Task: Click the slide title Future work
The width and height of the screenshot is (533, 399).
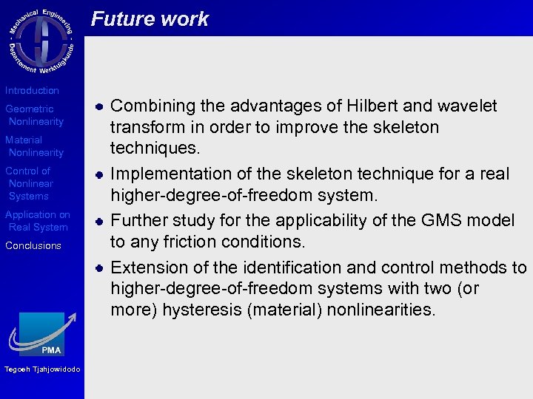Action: click(x=150, y=19)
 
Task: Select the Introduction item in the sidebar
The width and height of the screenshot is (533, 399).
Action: click(x=32, y=90)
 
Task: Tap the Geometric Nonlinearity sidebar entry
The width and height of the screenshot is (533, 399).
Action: click(x=34, y=115)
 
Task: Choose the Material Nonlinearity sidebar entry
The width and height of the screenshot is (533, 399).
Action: click(x=34, y=146)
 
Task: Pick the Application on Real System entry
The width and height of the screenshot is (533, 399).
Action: click(x=37, y=221)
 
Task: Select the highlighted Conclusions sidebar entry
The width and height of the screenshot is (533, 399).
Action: click(x=33, y=246)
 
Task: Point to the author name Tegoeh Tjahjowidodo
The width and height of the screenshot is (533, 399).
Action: click(x=42, y=369)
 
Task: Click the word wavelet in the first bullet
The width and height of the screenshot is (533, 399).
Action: click(x=469, y=106)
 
